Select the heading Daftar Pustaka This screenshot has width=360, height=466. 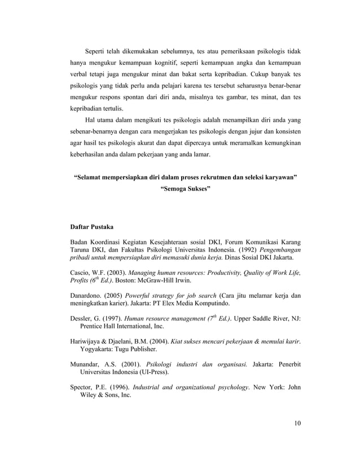(x=91, y=227)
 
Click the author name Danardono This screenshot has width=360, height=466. (x=84, y=295)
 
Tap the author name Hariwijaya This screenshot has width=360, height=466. (x=84, y=342)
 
